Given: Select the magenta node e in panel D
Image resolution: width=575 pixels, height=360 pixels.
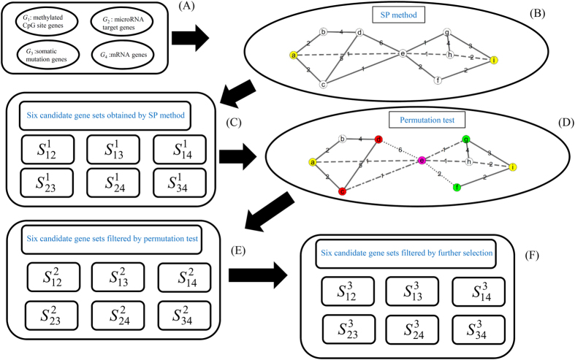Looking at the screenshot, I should [422, 160].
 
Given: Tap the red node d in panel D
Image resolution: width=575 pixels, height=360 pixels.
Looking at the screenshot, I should [378, 139].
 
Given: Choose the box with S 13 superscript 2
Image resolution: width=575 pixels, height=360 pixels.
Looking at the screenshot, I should [123, 278].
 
